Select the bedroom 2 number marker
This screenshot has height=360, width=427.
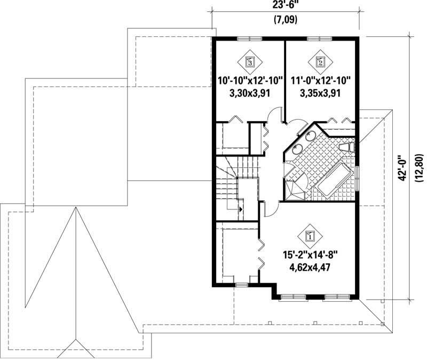coord(320,61)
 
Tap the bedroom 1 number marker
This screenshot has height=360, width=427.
coord(311,234)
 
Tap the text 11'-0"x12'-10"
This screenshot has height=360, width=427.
coord(320,81)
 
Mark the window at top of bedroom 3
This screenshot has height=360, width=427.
coord(249,38)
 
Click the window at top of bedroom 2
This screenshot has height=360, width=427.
coord(320,38)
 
